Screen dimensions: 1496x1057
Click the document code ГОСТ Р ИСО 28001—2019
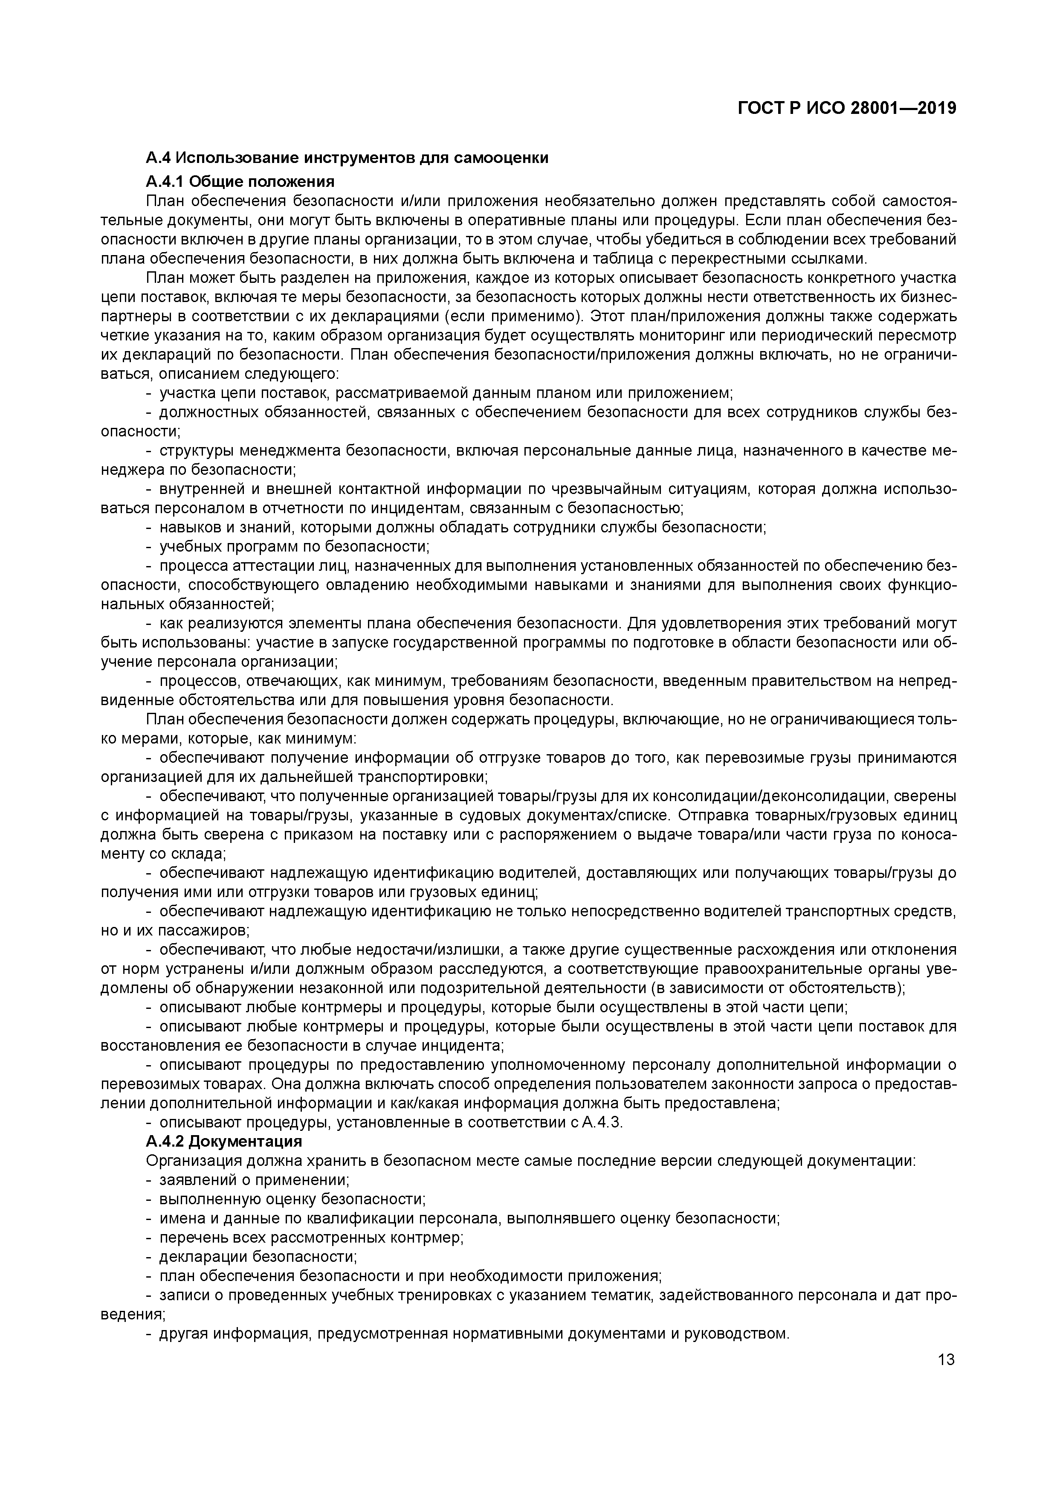(x=847, y=108)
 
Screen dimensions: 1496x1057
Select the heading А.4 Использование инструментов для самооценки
(x=347, y=158)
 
